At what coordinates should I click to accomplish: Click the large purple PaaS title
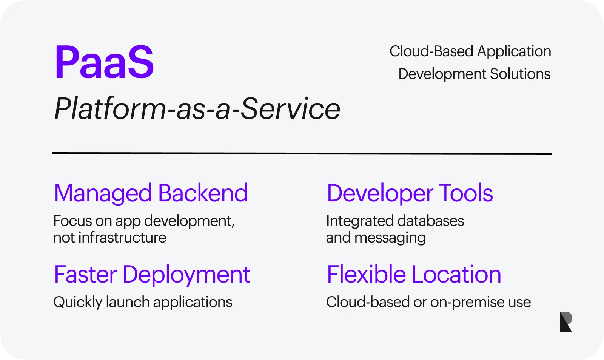coord(104,62)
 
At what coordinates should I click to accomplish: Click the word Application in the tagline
coord(514,52)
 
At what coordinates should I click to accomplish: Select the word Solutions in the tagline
coord(520,74)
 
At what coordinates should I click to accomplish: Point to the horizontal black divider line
coord(302,153)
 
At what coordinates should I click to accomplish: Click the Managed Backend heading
coord(151,193)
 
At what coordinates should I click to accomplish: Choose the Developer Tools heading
coord(410,193)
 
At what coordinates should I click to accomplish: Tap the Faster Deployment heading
coord(152,275)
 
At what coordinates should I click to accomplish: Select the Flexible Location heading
coord(414,275)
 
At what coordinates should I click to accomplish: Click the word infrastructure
coord(122,238)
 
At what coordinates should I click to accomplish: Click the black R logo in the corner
coord(566,322)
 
